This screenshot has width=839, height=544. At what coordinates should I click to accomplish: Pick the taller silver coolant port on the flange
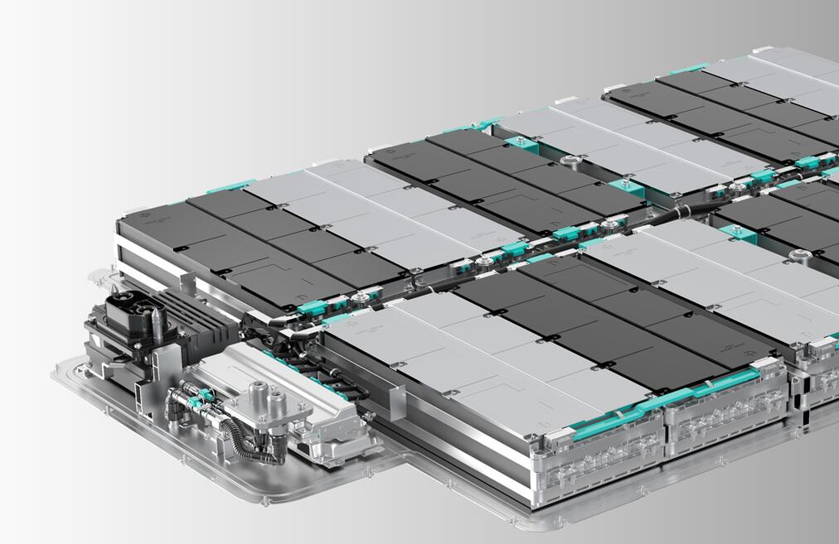[256, 392]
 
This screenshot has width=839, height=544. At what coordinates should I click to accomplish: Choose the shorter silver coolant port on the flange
[276, 405]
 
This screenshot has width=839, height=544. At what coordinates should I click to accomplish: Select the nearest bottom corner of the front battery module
[531, 501]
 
